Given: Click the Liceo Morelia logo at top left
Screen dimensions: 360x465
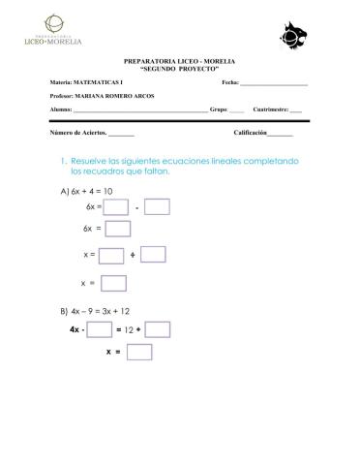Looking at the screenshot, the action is pos(52,32).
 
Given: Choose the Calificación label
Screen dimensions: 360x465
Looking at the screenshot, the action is pos(250,131).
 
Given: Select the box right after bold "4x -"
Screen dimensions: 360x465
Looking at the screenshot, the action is pos(100,330).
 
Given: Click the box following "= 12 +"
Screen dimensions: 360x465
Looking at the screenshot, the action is pos(158,330).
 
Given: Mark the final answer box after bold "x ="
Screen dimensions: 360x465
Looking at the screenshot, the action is pos(139,353).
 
